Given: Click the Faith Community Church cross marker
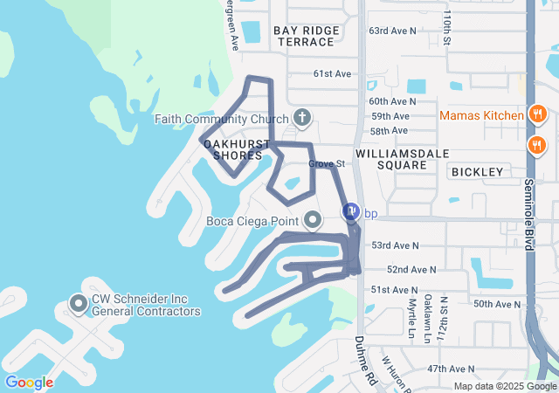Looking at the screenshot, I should click(x=302, y=118).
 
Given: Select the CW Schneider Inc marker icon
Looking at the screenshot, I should click(x=78, y=304).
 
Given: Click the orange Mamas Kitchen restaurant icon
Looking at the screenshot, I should click(x=538, y=114).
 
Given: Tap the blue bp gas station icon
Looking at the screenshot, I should click(x=350, y=212).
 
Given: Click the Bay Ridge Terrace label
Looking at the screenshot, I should click(x=307, y=36).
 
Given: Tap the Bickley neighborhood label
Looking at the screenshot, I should click(x=478, y=172).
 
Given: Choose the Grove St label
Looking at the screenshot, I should click(x=328, y=163).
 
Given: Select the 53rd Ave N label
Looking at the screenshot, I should click(x=395, y=246).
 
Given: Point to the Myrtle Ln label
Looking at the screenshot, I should click(x=411, y=319).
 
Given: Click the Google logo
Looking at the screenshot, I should click(x=29, y=383).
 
